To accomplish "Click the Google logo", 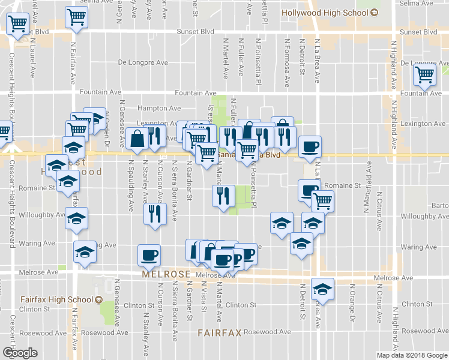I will tap(20, 353).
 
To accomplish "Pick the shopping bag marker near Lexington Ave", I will tap(138, 139).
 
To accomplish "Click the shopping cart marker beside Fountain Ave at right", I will tap(424, 76).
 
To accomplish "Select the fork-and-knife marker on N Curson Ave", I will tap(156, 215).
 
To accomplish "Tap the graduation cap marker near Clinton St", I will tap(323, 290).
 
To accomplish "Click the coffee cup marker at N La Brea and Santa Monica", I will tap(310, 147).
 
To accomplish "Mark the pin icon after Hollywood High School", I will tap(375, 11).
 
